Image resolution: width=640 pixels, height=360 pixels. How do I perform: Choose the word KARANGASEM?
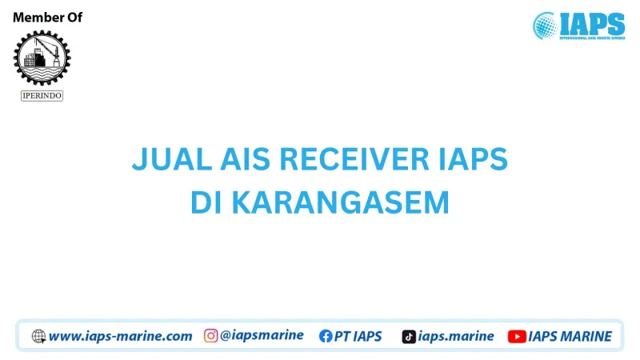coord(340,203)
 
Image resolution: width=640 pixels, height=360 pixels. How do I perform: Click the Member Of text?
coord(48,18)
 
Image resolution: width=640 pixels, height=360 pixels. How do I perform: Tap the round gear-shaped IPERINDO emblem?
coord(42,58)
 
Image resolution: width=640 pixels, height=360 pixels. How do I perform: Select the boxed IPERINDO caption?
coord(42,96)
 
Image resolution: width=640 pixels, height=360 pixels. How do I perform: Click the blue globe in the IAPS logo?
coord(546,25)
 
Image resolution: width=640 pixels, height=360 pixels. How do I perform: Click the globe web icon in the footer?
coord(38,337)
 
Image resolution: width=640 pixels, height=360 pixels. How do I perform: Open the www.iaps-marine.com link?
coord(121,337)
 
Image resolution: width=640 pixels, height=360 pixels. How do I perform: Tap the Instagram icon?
coord(211,336)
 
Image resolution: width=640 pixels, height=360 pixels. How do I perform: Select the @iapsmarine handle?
coord(262,336)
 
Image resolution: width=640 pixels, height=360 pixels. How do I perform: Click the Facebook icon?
coord(326,337)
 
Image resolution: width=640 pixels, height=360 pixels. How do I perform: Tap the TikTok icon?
coord(409,337)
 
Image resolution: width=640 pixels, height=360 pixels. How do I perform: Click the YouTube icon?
coord(517,337)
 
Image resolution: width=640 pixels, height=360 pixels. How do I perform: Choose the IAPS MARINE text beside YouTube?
coord(570,337)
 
